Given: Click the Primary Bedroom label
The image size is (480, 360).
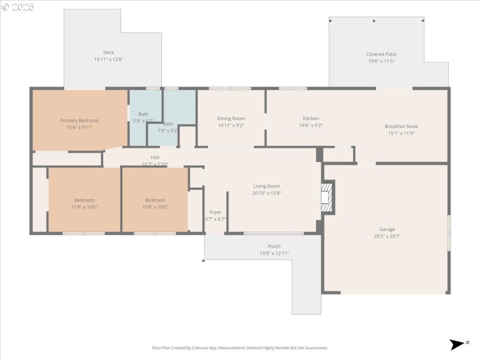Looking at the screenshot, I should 79,121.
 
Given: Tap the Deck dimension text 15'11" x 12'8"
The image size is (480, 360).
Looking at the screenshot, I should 109,59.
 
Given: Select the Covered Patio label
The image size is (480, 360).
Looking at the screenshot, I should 381,55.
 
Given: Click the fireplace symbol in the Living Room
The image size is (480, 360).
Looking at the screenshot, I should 327,197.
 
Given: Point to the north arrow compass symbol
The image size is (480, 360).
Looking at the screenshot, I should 457,344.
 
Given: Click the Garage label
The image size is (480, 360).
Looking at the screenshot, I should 387,229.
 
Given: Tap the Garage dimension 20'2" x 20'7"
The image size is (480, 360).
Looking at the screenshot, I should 387,236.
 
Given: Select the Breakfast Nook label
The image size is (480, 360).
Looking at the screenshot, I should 401,127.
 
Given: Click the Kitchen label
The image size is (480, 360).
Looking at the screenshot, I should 311,119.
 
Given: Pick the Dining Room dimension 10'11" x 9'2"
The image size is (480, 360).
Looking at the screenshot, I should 231,126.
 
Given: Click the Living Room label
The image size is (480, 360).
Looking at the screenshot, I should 266,187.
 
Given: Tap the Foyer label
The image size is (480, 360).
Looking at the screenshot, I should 215,212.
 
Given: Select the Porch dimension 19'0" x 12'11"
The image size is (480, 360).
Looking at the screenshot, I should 274,253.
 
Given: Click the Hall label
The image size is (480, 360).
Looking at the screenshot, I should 155,157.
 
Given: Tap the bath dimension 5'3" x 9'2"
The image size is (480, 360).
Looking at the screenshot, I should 143,121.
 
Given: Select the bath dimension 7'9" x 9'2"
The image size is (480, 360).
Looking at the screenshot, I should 167,131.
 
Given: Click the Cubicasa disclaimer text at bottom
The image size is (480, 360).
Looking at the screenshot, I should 240,347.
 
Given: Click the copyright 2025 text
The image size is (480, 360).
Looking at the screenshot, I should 18,7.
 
